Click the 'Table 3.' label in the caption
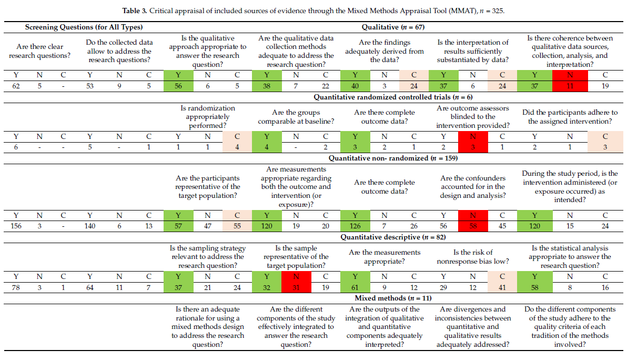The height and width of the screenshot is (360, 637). click(x=135, y=11)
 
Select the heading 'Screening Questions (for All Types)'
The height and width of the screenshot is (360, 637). click(x=84, y=27)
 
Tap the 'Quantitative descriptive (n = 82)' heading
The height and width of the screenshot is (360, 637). click(x=393, y=237)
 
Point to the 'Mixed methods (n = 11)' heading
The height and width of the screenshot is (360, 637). click(x=393, y=298)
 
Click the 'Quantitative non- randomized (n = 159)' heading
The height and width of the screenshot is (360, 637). click(x=393, y=158)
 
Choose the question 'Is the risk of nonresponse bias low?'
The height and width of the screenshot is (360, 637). click(x=473, y=257)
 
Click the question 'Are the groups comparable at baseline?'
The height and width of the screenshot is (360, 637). click(x=296, y=117)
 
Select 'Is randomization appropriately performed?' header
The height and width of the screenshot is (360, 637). click(x=208, y=117)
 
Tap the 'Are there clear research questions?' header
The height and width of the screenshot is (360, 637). click(x=39, y=51)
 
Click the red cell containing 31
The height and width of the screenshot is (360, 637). click(x=296, y=287)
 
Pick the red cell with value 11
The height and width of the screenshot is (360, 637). click(x=570, y=86)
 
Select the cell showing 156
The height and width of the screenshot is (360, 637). click(x=16, y=226)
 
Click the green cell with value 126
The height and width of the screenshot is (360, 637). click(x=355, y=226)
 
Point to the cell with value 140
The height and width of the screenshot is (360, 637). click(x=90, y=226)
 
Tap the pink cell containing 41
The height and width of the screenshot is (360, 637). click(x=502, y=287)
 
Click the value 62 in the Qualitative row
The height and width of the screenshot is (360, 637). click(x=16, y=86)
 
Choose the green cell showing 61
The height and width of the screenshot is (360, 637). click(x=355, y=287)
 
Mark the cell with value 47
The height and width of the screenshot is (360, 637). click(x=208, y=226)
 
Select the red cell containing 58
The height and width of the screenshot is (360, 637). click(x=473, y=226)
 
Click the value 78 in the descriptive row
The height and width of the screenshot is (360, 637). click(x=16, y=287)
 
